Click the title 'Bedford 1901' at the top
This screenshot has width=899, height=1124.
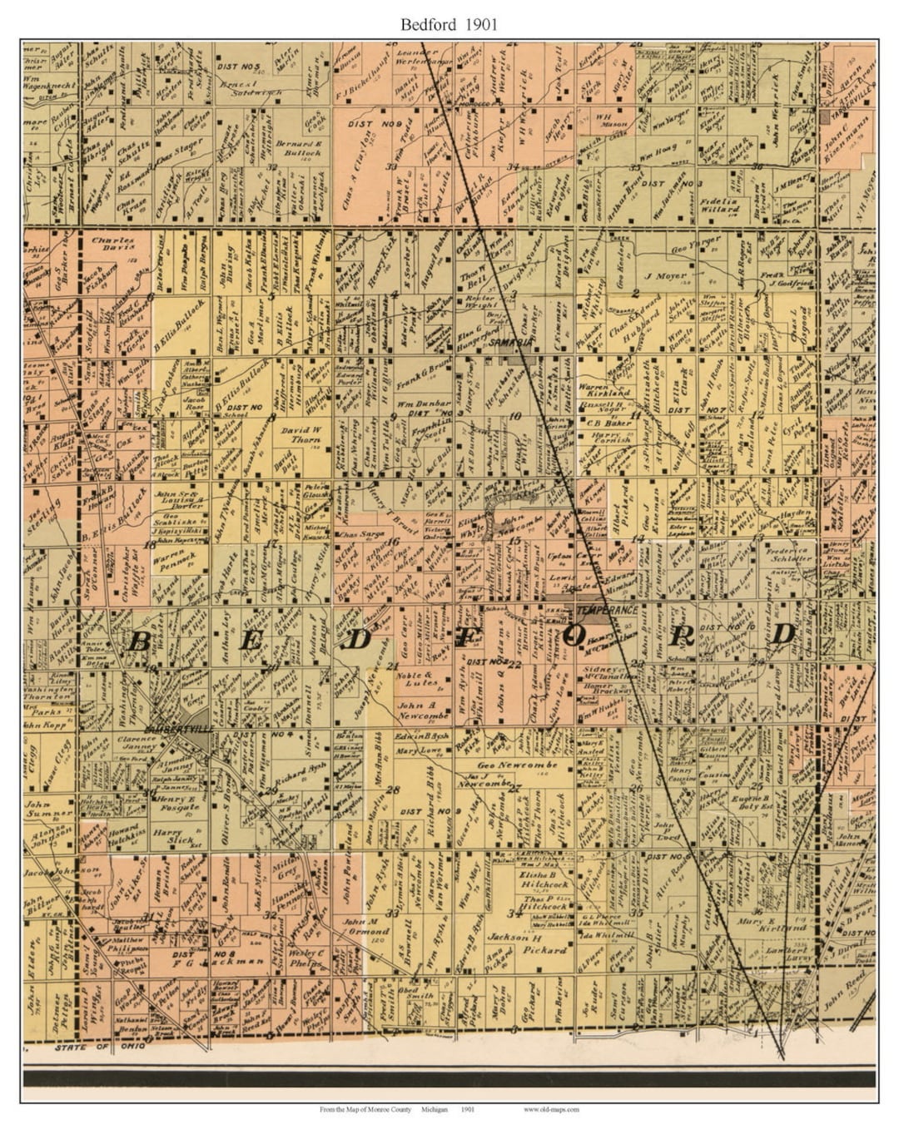click(449, 24)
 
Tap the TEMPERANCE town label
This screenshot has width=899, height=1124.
click(603, 610)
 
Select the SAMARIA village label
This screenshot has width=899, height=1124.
click(509, 342)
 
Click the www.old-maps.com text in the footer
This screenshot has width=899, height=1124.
click(551, 1109)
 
